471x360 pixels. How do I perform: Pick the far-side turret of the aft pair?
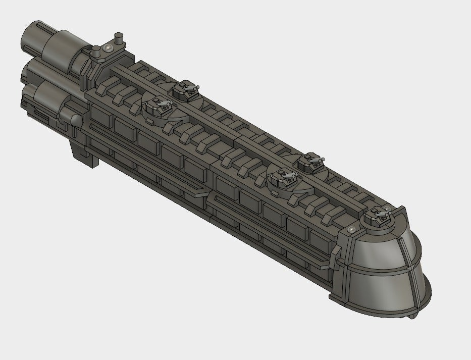coord(185,90)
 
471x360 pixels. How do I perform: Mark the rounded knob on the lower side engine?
coord(76,120)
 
